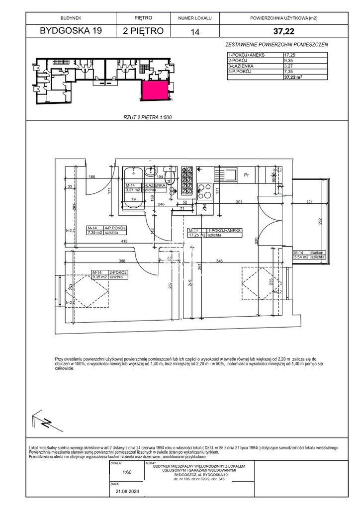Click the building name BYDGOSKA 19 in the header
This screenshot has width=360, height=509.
71,31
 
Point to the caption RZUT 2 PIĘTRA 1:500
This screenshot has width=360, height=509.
147,117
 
